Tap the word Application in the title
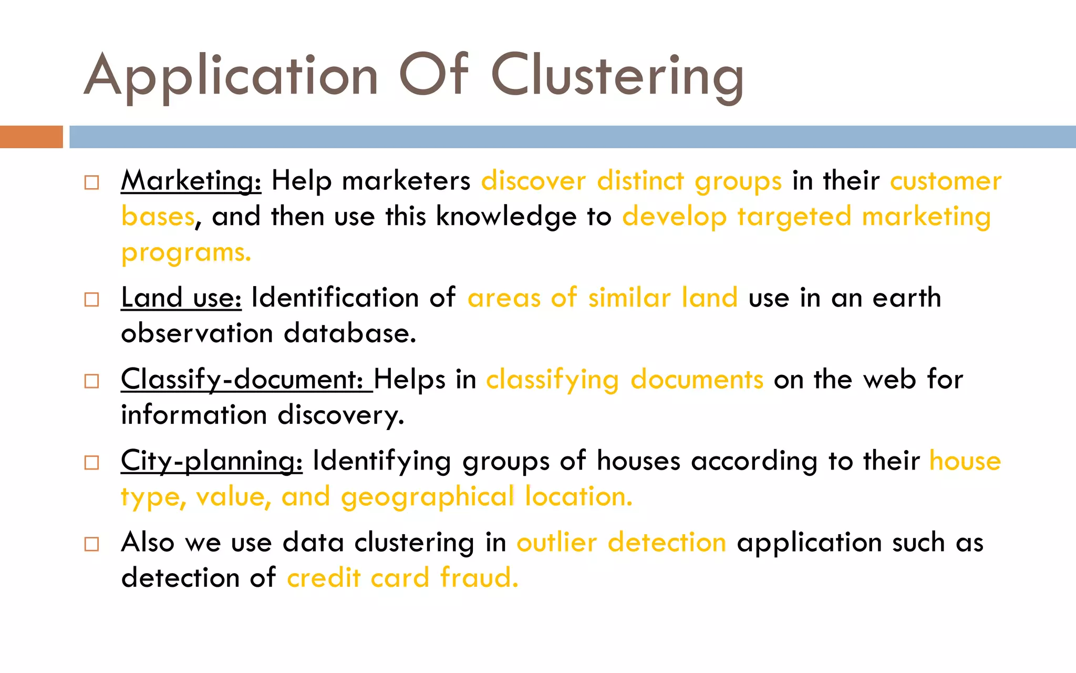(x=231, y=76)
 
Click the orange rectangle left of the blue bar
(x=31, y=137)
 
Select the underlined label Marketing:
(x=191, y=181)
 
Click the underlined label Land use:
(x=181, y=298)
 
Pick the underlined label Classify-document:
(x=246, y=379)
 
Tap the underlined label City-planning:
(x=211, y=461)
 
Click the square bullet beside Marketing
(x=92, y=182)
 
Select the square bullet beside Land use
(x=92, y=299)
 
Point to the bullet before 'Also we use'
(x=92, y=544)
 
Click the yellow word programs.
(x=186, y=253)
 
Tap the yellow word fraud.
(x=479, y=578)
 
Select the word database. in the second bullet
(x=350, y=333)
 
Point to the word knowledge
(x=506, y=217)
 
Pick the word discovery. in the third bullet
(x=341, y=415)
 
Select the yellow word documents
(x=697, y=380)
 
